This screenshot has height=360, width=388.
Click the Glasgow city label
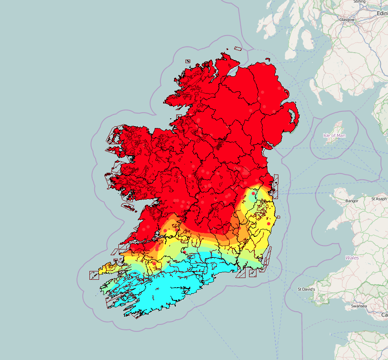(x=346, y=20)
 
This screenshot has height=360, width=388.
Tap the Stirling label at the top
(x=359, y=2)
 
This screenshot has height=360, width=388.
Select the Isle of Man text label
(x=334, y=135)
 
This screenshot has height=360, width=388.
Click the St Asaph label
(x=379, y=199)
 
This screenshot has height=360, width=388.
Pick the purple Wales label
(x=352, y=258)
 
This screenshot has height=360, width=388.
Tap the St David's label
(x=306, y=289)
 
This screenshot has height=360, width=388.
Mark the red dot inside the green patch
(x=253, y=193)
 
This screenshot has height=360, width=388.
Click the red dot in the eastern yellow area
(x=269, y=224)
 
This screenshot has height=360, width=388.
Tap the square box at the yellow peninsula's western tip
(x=94, y=275)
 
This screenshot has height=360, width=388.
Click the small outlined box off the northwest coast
(x=188, y=61)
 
